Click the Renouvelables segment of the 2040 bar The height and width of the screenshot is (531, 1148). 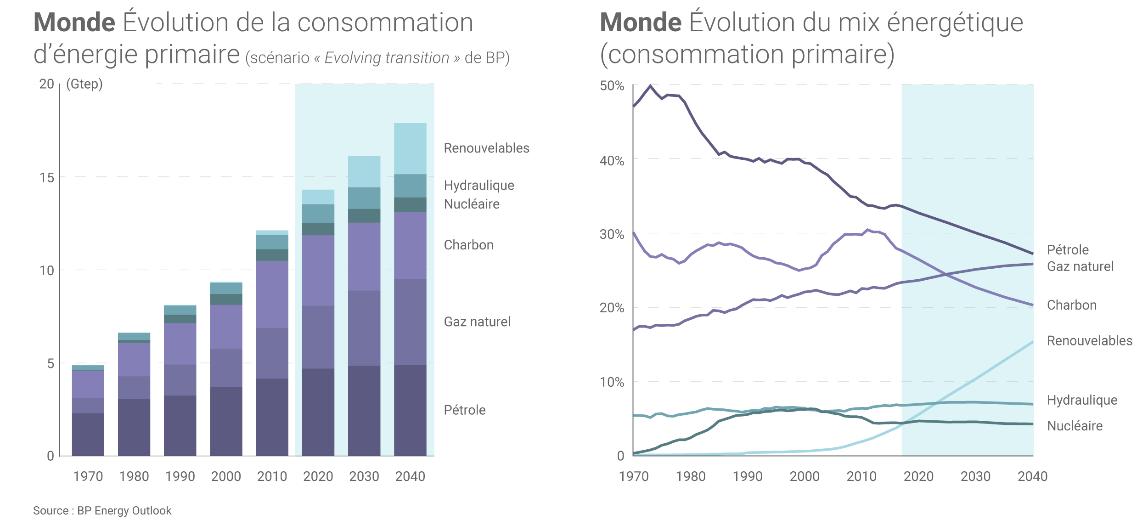410,148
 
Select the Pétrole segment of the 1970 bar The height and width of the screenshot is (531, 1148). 88,434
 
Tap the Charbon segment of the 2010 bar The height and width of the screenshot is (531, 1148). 272,294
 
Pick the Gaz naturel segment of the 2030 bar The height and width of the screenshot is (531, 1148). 364,328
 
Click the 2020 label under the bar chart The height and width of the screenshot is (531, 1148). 318,476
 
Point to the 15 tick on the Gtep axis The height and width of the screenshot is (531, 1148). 47,178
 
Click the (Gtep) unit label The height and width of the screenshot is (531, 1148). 84,84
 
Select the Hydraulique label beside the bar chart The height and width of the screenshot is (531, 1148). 479,185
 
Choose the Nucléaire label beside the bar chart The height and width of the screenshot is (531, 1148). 472,204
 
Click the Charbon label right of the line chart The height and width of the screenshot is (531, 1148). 1071,305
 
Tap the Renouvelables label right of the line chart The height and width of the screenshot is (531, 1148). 1089,340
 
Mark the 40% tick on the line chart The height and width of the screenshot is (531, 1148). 612,161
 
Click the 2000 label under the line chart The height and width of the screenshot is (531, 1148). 805,476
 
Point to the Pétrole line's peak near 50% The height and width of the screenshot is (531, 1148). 650,85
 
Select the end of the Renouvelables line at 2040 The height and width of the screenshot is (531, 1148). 1033,342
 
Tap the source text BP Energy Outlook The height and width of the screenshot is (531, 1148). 124,510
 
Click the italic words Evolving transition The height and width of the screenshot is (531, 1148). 387,58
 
